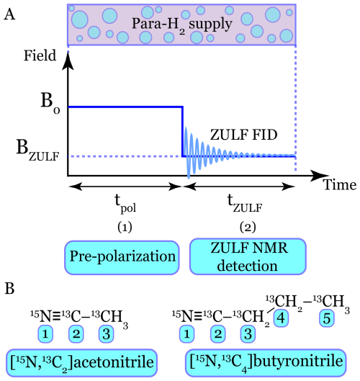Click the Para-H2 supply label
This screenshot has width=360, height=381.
click(x=182, y=24)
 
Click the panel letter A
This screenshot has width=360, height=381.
click(x=9, y=15)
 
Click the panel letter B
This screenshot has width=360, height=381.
click(x=9, y=289)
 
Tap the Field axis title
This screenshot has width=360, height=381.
click(x=40, y=55)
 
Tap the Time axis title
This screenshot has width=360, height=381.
click(x=340, y=184)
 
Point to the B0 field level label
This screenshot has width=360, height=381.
click(x=50, y=102)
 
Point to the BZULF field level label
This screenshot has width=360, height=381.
click(x=37, y=150)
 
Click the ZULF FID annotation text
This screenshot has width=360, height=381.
click(x=243, y=135)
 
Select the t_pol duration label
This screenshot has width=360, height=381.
click(x=125, y=204)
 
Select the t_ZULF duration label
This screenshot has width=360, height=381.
click(x=245, y=204)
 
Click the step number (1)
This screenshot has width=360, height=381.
click(x=125, y=228)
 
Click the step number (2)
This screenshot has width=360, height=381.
click(x=248, y=228)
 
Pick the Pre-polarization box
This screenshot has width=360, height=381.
click(x=122, y=258)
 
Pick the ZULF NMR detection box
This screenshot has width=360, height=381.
click(x=248, y=256)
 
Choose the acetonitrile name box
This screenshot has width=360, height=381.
click(x=81, y=362)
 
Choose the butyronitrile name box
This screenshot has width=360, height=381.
click(x=266, y=362)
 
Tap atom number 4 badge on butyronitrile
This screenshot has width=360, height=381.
click(x=281, y=318)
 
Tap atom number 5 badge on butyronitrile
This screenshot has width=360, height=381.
click(x=327, y=318)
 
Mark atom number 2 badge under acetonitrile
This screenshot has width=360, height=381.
click(x=76, y=334)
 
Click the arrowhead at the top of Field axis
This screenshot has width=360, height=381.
click(x=68, y=60)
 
